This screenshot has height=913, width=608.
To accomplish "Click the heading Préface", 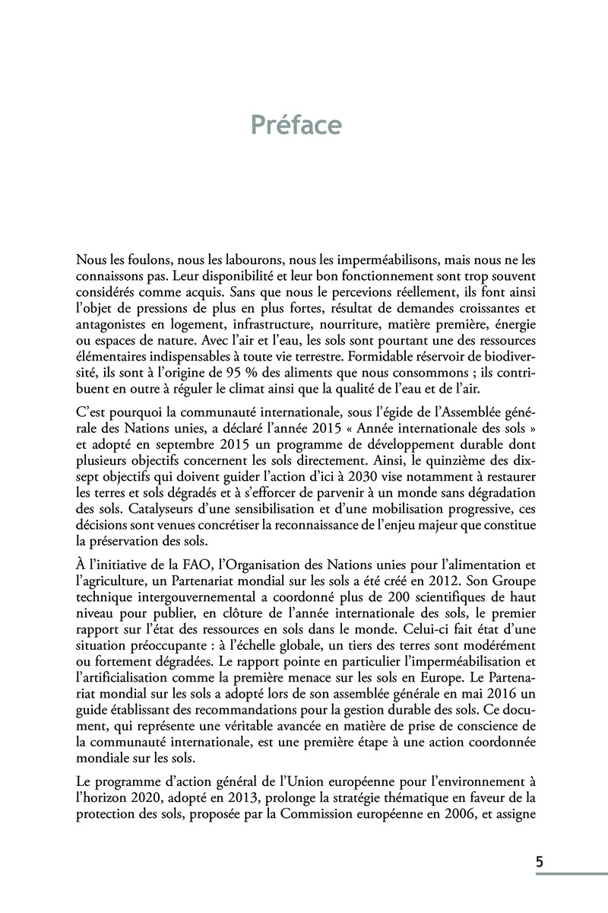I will pos(296,124).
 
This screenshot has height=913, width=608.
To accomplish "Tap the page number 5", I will pos(540,862).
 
